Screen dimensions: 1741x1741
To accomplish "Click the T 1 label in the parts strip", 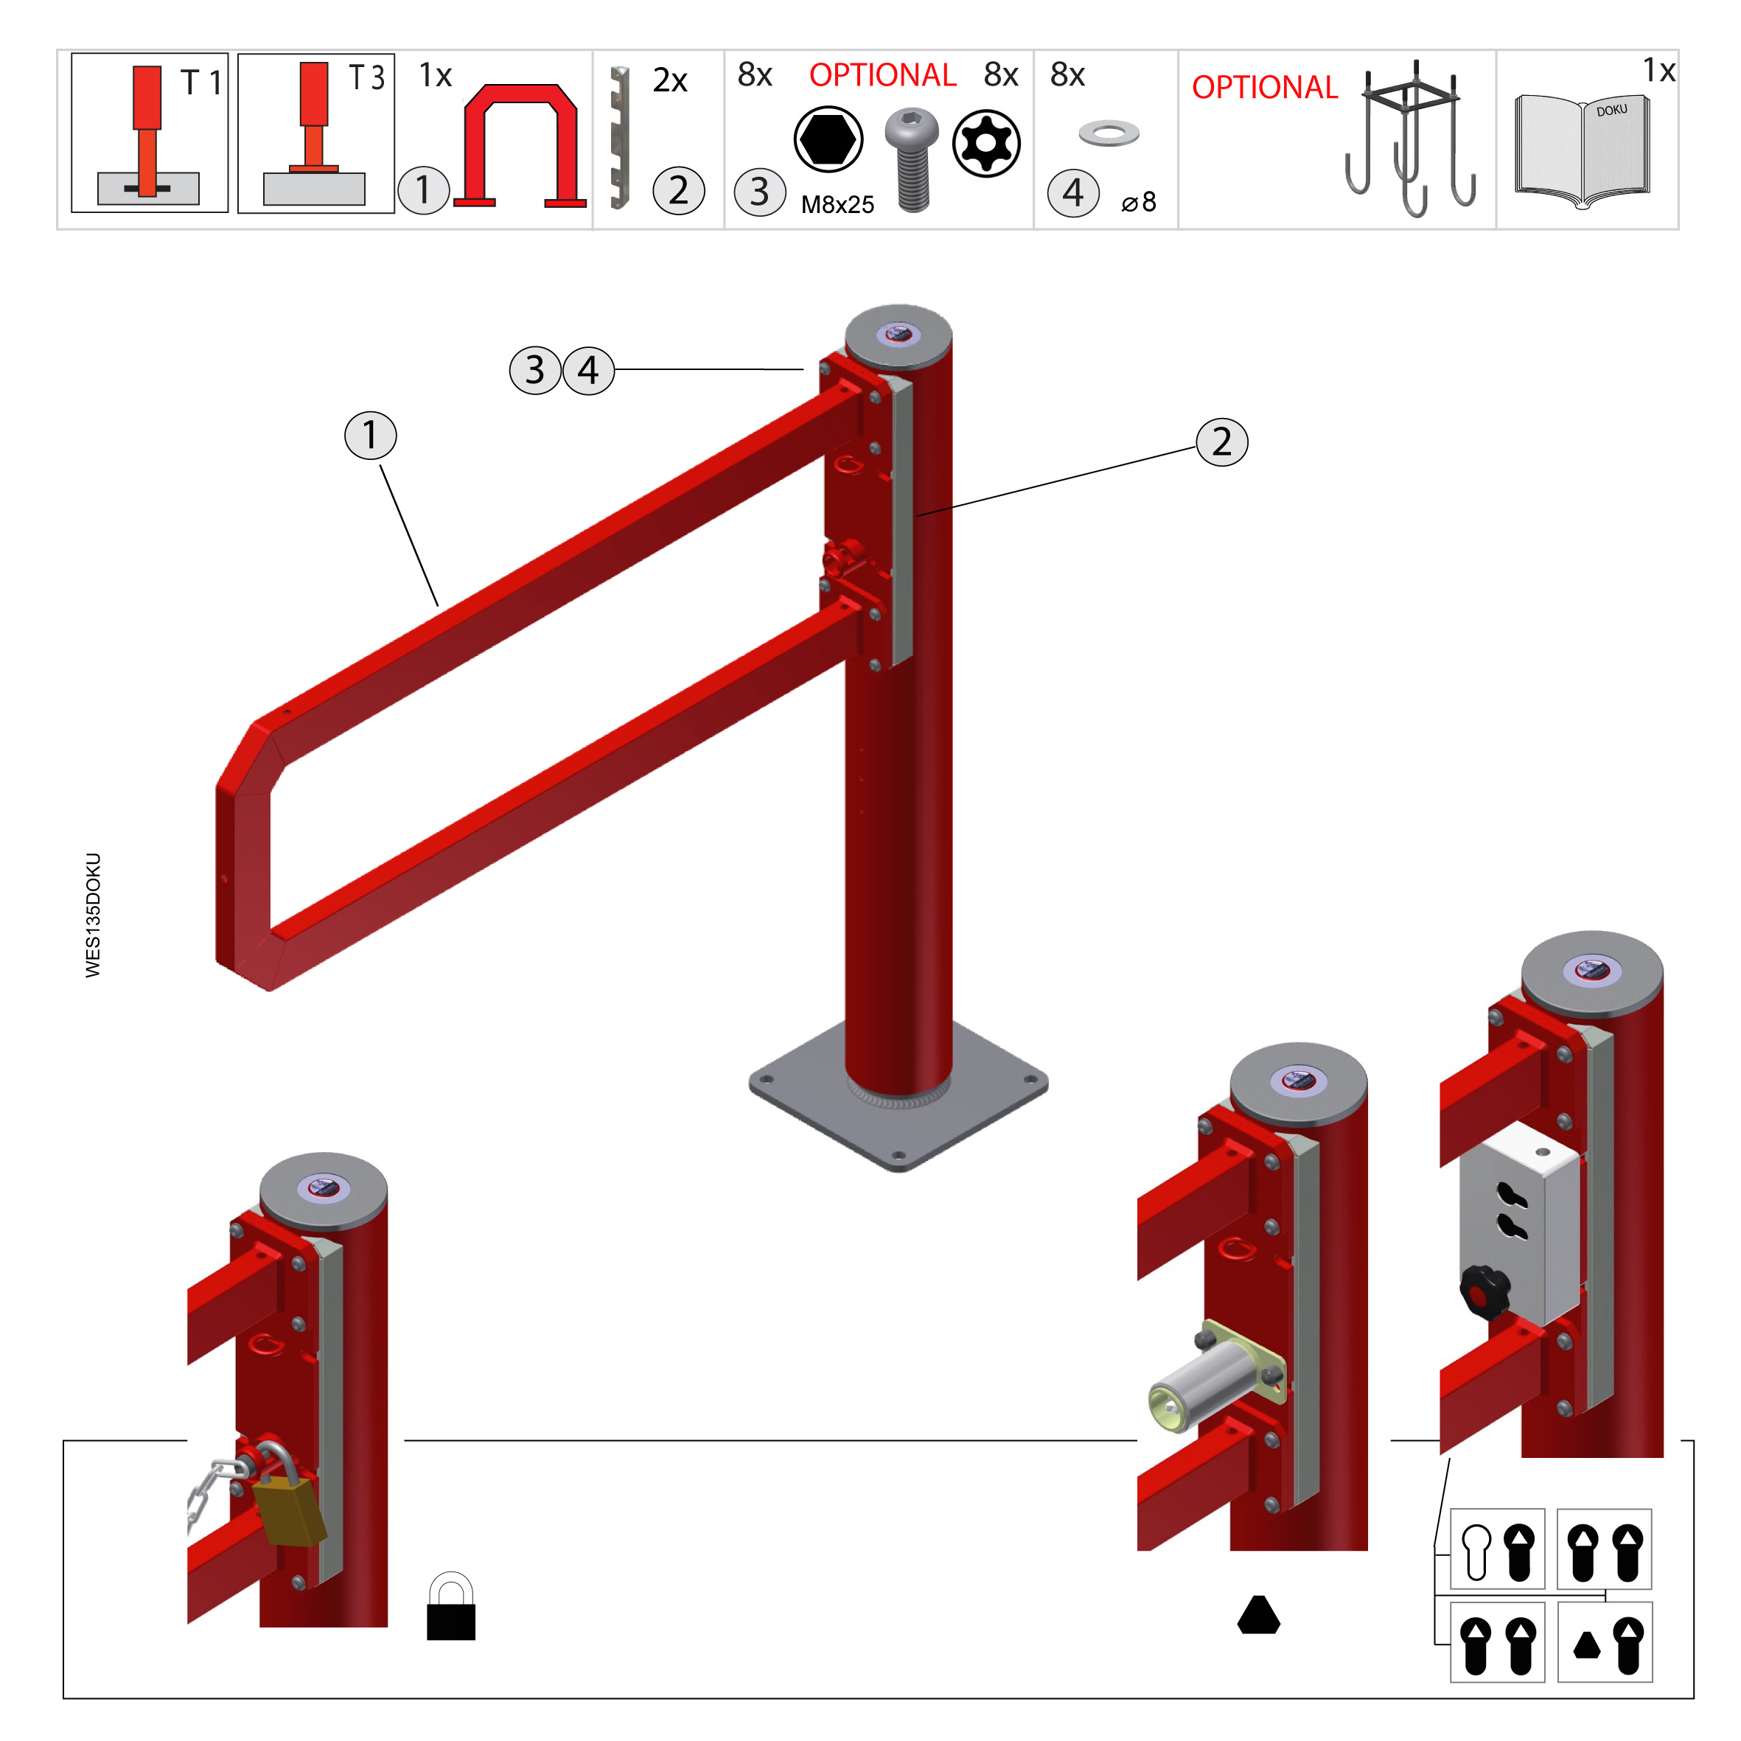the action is [x=201, y=83].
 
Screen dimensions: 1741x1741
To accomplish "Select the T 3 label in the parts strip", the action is [x=367, y=77].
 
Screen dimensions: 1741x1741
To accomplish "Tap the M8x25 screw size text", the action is [x=837, y=205].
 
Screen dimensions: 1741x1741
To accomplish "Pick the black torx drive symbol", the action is [x=987, y=143].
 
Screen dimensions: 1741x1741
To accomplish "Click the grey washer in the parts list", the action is [x=1109, y=133].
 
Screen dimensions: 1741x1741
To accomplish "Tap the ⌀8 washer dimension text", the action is [x=1139, y=202].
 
